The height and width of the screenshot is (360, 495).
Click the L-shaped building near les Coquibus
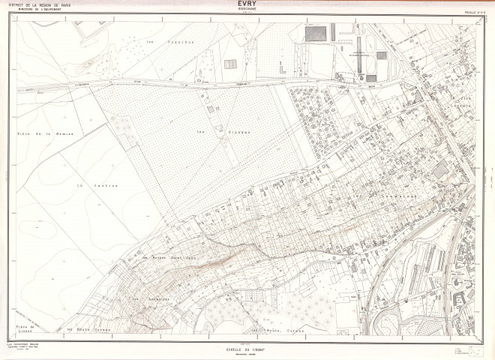[281, 69]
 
